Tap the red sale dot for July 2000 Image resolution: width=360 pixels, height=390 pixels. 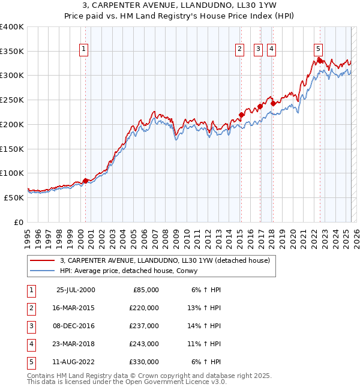pos(85,180)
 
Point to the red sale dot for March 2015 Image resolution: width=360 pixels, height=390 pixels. pos(241,115)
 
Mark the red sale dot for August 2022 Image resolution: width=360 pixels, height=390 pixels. pos(320,61)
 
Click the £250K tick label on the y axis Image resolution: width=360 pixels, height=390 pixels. pos(11,100)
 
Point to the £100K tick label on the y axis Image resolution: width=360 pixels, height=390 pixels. pos(11,173)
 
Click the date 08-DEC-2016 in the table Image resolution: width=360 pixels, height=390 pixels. pos(75,326)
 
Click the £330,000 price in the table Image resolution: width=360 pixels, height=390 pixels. pos(144,362)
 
